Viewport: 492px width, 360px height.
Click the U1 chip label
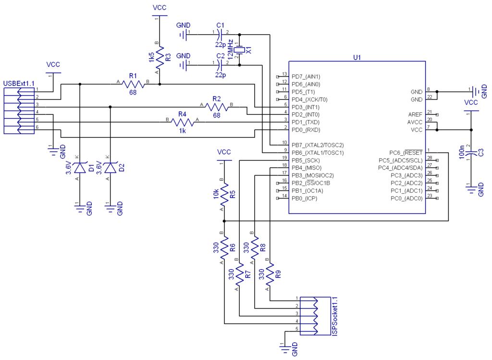pos(357,58)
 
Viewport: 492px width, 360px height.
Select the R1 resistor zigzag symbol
pos(133,84)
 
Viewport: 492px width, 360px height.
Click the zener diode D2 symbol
pos(110,168)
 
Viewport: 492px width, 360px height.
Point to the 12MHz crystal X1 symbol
pos(240,50)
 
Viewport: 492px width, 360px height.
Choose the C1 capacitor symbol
pos(220,35)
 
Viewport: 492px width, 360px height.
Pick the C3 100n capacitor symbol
pos(471,153)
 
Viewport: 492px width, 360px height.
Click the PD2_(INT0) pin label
pos(305,115)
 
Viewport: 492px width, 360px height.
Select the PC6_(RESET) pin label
pos(406,153)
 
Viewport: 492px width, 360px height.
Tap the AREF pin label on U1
pos(415,114)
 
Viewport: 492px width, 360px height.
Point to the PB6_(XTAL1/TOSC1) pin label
pos(318,153)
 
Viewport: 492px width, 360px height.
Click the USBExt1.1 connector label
pos(19,84)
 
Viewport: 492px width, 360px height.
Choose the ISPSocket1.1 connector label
pos(335,317)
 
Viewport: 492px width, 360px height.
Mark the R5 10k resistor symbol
pos(224,194)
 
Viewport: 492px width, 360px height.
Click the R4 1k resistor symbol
pos(183,123)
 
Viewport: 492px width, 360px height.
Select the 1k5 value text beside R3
pos(151,57)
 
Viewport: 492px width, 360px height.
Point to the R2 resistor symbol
pos(217,107)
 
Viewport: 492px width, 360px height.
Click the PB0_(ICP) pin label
pos(304,199)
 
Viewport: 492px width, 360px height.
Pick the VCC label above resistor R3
pos(160,8)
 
